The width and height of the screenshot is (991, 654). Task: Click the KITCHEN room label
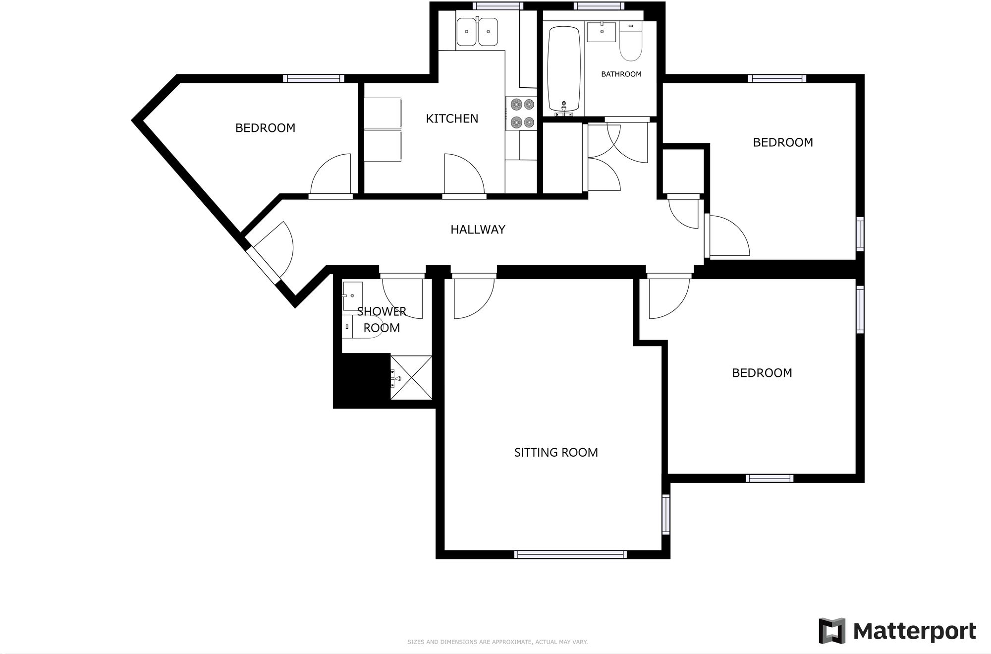coord(452,119)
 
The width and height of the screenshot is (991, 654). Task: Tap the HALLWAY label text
coord(478,230)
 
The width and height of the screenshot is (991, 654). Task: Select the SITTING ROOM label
coord(556,452)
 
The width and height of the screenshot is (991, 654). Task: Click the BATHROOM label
coord(621,74)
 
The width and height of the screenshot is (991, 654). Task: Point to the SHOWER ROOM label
coord(382,319)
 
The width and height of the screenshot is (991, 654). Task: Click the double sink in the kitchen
coord(477,32)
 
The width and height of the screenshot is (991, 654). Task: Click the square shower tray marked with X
coord(411,377)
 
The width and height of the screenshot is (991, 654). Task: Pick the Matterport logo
coord(897,631)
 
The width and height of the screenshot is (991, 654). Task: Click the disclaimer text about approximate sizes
coord(497,642)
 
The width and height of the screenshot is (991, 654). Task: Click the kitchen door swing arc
coord(463,174)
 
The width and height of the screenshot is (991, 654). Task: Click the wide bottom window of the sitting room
coord(570,554)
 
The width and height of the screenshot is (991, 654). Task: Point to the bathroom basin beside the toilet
coord(602,32)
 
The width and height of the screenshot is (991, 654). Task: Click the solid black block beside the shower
coord(362,379)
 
